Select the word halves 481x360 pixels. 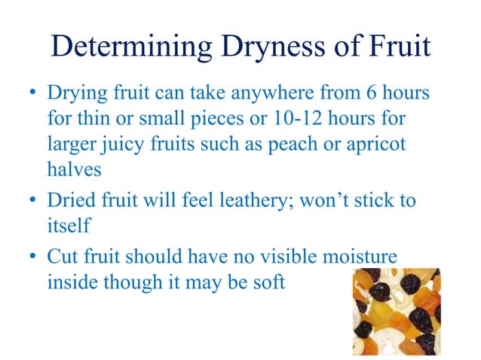point(73,169)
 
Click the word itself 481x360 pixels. point(68,226)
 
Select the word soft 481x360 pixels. point(268,284)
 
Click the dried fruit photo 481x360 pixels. point(397,310)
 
